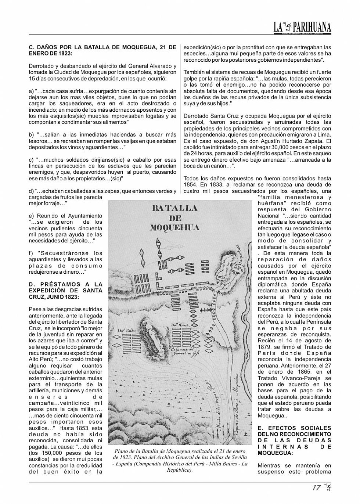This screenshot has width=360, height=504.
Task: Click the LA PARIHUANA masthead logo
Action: pyautogui.click(x=302, y=27)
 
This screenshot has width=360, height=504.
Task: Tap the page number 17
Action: pyautogui.click(x=316, y=488)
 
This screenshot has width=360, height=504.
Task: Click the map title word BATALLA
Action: pyautogui.click(x=174, y=208)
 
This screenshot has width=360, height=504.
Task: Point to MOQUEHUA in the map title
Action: pyautogui.click(x=174, y=227)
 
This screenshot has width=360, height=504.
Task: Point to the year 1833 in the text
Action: pyautogui.click(x=220, y=185)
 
